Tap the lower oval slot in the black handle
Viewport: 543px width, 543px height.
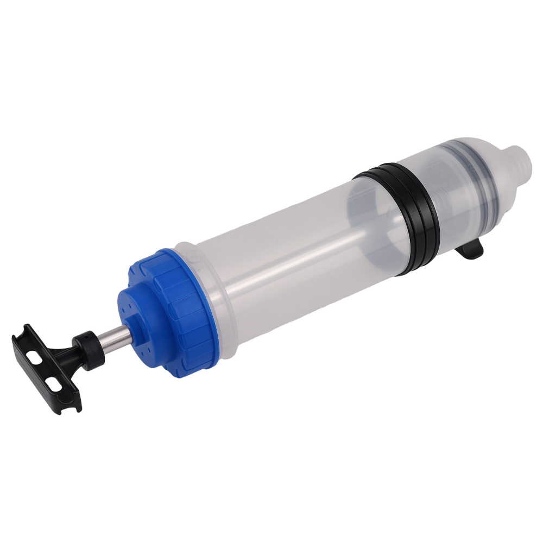tap(53, 384)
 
